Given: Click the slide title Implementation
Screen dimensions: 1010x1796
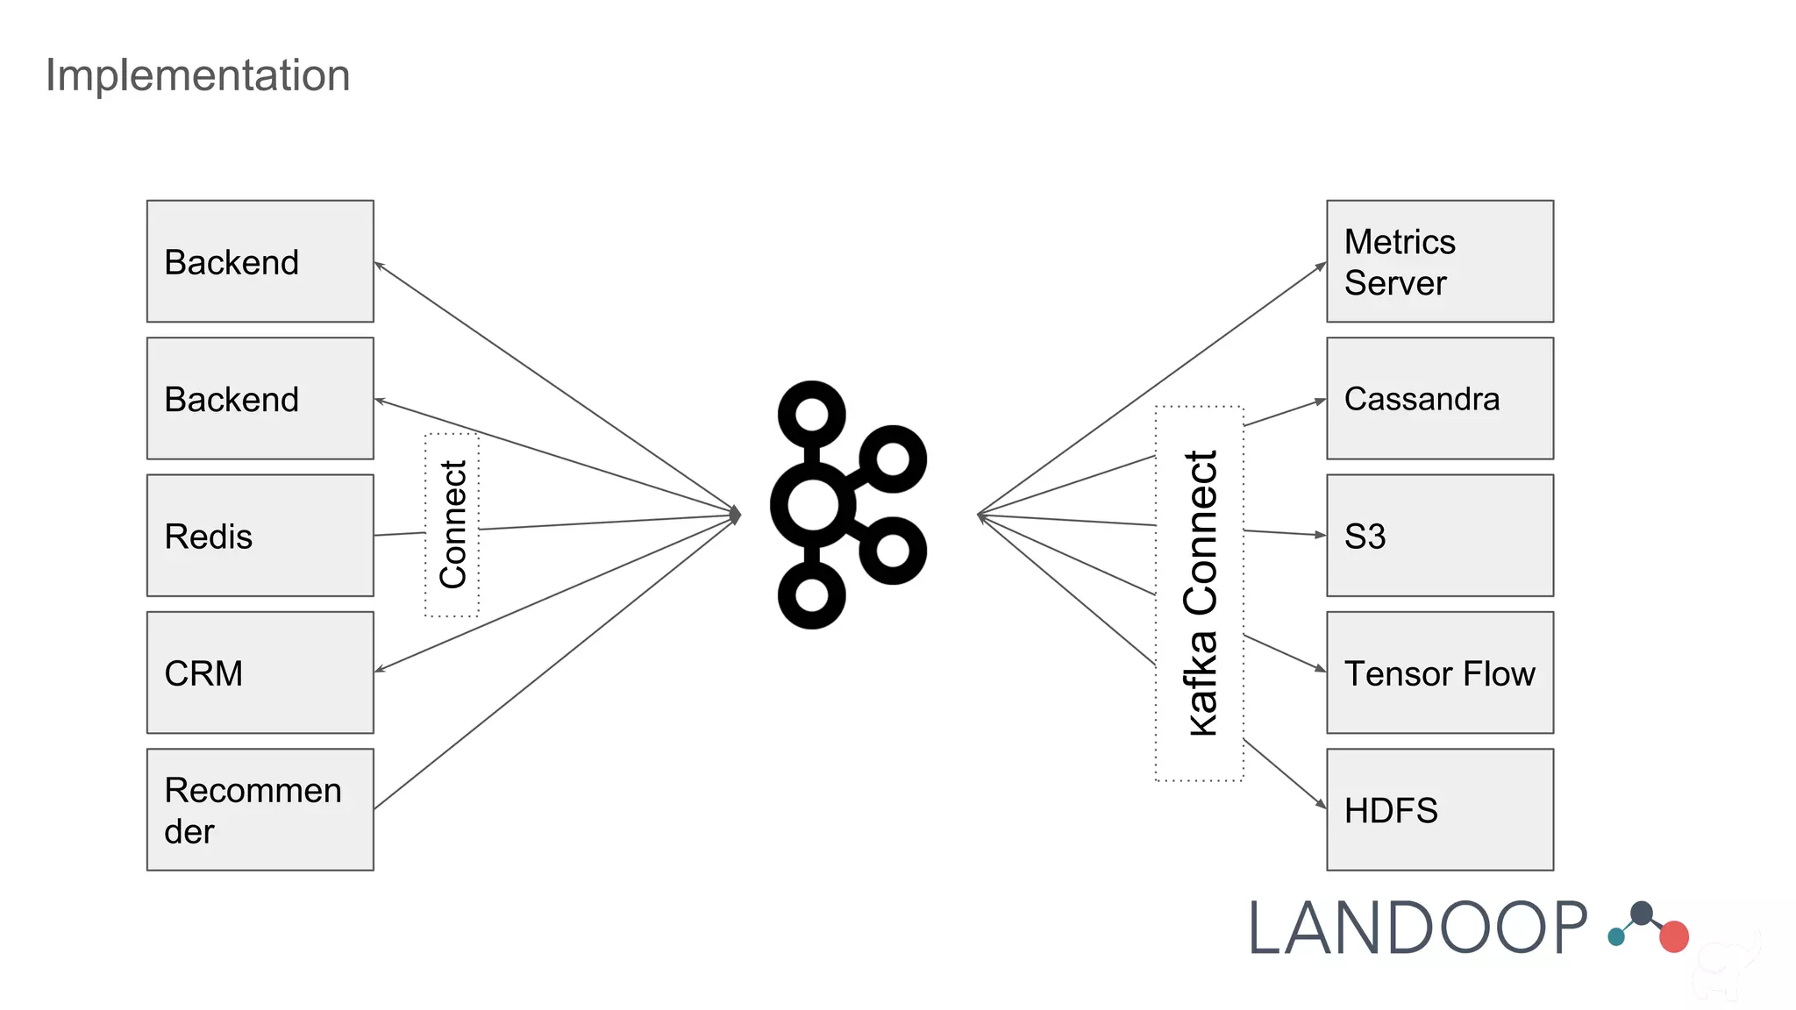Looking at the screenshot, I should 197,75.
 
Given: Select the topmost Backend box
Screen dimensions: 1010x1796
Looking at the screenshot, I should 260,261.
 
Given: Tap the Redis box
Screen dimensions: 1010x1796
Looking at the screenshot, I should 260,536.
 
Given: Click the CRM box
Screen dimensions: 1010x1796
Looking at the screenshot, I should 260,672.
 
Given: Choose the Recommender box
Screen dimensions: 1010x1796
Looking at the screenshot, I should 260,809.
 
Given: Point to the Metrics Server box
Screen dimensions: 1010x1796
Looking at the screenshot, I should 1439,261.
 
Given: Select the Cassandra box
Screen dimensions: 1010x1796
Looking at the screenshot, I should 1439,398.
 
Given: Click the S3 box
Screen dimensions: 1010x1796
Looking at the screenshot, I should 1439,536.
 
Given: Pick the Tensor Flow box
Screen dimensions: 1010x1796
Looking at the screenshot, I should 1439,672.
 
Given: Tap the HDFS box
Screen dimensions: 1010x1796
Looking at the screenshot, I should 1439,809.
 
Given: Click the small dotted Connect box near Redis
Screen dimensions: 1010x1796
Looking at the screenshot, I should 452,524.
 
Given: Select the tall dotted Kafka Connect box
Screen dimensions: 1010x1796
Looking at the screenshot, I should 1199,594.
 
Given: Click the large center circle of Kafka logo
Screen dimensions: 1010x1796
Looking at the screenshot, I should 812,505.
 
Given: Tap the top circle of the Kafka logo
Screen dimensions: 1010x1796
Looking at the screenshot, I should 812,414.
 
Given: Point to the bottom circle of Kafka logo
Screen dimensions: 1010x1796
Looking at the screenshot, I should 812,595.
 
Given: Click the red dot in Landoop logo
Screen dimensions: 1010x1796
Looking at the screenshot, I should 1673,936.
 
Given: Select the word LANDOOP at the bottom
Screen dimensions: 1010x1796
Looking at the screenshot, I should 1417,929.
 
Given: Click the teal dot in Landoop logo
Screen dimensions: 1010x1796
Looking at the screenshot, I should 1616,937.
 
